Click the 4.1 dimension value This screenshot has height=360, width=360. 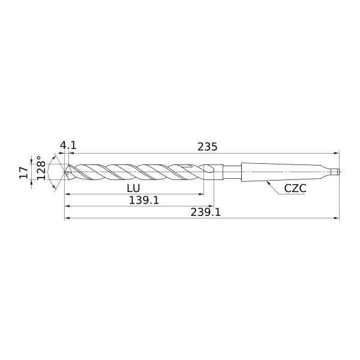click(x=68, y=146)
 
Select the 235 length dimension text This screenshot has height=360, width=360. click(x=208, y=147)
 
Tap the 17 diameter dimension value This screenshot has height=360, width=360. click(x=23, y=173)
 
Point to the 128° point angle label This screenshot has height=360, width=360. click(x=41, y=168)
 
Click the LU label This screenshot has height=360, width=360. click(x=133, y=188)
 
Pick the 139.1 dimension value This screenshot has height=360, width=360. click(x=144, y=200)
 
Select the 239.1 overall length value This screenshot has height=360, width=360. click(x=205, y=212)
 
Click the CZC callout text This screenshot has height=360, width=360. click(x=295, y=189)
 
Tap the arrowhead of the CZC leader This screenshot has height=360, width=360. click(x=268, y=182)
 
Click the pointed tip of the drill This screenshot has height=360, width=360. click(x=65, y=172)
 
